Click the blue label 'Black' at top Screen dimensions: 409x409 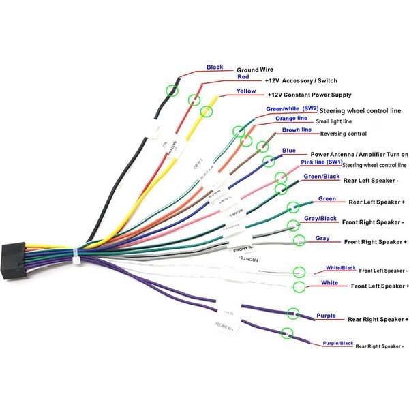tap(215, 67)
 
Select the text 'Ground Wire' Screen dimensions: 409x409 tap(256, 70)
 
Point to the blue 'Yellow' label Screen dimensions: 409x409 tap(246, 91)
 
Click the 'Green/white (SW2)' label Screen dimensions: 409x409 tap(292, 108)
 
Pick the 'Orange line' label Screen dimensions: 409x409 tap(291, 118)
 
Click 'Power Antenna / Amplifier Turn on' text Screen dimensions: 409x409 tap(359, 155)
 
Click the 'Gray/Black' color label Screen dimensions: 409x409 tap(320, 219)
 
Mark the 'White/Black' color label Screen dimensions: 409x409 tap(341, 268)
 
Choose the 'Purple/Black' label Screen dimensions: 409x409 tap(338, 343)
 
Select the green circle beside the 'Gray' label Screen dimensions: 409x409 tap(299, 240)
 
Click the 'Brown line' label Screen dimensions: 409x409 tap(297, 130)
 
